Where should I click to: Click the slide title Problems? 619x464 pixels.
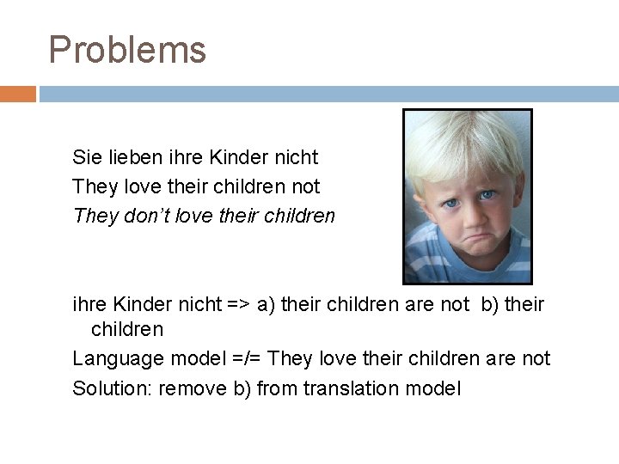pos(127,50)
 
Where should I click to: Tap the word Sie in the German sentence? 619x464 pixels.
pos(86,157)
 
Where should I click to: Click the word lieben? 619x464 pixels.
pos(132,157)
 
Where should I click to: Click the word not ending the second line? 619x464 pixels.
pos(306,186)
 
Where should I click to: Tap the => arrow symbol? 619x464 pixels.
pos(238,304)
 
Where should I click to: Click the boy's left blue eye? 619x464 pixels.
pos(486,196)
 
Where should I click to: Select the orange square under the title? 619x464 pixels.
pos(17,94)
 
